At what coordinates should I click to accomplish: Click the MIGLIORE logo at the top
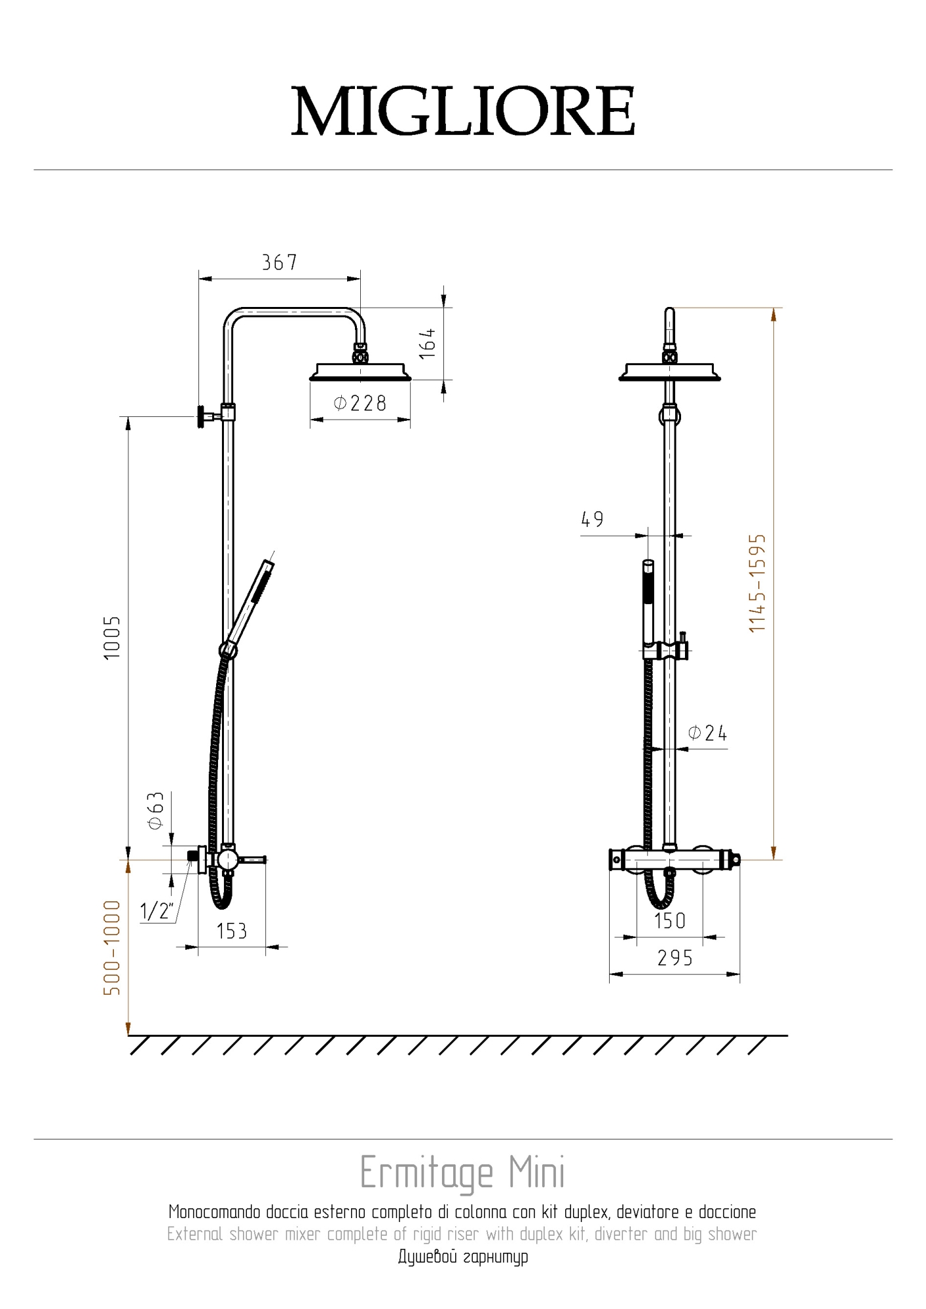coord(463,111)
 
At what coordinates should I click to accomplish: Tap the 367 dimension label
coord(280,262)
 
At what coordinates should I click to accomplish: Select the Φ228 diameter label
coord(360,403)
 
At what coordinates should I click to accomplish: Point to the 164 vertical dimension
coord(427,343)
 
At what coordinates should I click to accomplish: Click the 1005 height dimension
coord(113,637)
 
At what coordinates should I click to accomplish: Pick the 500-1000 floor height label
coord(113,948)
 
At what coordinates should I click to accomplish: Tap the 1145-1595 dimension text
coord(757,583)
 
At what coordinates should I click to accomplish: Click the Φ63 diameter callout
coord(156,811)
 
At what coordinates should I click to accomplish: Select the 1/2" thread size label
coord(157,910)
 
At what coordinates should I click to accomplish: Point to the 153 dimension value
coord(232,931)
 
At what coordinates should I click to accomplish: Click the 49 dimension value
coord(592,520)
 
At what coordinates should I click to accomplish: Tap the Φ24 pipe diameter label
coord(707,733)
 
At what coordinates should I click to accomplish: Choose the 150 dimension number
coord(670,921)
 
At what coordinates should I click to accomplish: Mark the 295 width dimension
coord(675,958)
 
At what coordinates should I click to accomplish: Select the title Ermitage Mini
coord(462,1173)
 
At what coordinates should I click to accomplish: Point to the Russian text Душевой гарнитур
coord(463,1257)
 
